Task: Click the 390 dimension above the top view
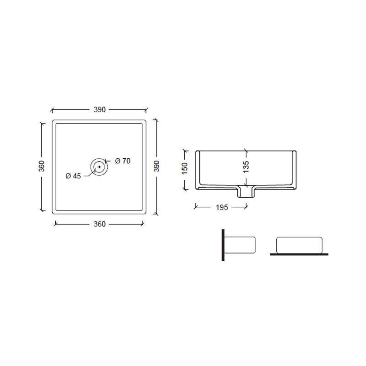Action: (x=100, y=109)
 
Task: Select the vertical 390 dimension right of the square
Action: (x=156, y=166)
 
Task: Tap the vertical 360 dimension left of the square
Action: (x=42, y=166)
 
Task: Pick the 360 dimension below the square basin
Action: (x=100, y=224)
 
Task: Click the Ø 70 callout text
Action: (x=123, y=161)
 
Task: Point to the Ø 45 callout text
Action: (x=73, y=176)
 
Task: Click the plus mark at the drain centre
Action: (x=99, y=167)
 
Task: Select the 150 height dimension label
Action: (x=184, y=168)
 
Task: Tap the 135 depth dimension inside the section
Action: (x=246, y=167)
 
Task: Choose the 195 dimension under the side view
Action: (x=222, y=207)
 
